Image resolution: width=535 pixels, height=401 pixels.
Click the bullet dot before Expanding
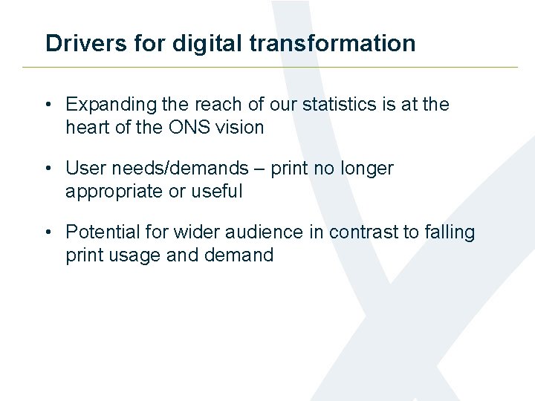pos(48,105)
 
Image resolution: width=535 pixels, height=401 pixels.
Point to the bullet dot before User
pos(48,169)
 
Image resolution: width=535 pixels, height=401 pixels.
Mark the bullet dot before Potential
pos(48,232)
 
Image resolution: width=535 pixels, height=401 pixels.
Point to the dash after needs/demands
pos(259,169)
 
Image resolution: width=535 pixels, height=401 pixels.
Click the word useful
pos(216,192)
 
